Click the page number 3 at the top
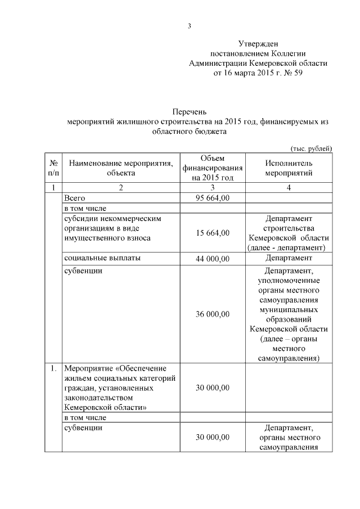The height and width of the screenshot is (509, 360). (190, 26)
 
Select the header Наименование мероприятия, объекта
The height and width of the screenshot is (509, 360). (121, 168)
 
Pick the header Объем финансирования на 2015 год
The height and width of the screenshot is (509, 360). (212, 168)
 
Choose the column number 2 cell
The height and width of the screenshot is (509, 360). (121, 188)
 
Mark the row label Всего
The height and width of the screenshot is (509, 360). (74, 198)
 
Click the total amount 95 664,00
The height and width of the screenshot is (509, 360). (212, 198)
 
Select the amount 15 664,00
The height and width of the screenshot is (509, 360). (212, 233)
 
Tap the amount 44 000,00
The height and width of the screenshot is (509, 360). (212, 258)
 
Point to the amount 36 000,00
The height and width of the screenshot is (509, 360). (212, 314)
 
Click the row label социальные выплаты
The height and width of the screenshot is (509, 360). (102, 258)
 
